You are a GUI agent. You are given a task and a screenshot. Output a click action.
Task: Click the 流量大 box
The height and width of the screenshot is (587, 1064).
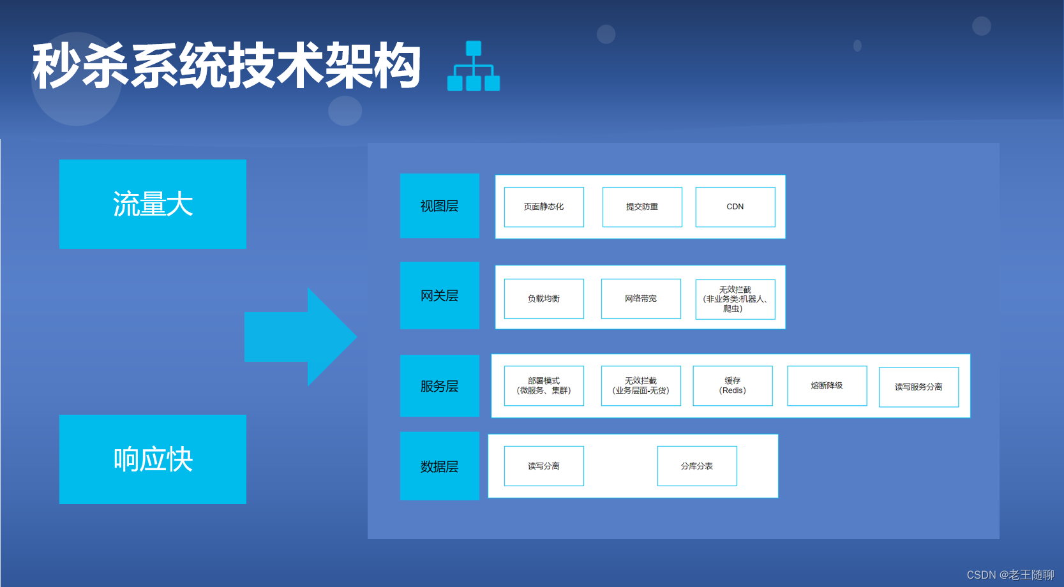[x=153, y=204]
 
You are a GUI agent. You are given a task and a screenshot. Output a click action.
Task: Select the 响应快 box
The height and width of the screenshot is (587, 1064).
[x=153, y=459]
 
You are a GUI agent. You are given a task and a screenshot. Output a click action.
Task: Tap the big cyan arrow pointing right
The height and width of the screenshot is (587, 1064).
[x=300, y=337]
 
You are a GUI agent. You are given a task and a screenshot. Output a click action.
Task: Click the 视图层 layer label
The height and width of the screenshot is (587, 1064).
[x=439, y=206]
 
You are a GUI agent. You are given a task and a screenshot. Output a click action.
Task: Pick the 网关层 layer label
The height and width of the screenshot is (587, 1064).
[x=439, y=295]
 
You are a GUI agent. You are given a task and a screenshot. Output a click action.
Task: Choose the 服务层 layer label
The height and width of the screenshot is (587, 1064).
[x=439, y=386]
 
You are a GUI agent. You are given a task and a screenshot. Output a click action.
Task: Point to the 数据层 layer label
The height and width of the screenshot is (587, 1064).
[x=439, y=466]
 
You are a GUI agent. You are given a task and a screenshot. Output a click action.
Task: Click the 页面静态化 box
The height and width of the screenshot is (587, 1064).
[x=544, y=207]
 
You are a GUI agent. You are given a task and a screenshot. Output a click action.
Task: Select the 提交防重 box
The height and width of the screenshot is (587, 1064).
[x=642, y=207]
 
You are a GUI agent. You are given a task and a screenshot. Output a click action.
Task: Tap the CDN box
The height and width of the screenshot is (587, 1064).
[x=735, y=207]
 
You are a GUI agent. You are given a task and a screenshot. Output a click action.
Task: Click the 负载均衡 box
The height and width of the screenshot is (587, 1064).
[x=544, y=299]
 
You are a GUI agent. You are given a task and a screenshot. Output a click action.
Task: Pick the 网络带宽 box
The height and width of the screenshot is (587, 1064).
[x=641, y=299]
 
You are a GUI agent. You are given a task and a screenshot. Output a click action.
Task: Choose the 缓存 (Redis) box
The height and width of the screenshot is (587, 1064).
[x=733, y=385]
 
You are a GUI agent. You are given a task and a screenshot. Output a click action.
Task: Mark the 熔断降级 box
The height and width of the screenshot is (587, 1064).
[x=827, y=385]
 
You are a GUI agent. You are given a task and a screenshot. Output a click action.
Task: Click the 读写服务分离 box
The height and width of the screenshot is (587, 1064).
[x=918, y=387]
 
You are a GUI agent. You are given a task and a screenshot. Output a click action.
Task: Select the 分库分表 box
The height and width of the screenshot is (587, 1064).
[x=697, y=466]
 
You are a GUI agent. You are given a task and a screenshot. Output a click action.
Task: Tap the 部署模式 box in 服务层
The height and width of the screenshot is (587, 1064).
[x=544, y=385]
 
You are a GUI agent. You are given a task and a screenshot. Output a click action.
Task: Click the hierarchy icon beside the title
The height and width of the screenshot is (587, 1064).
[x=474, y=66]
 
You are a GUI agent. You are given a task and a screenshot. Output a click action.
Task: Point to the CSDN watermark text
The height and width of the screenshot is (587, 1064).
[x=1010, y=575]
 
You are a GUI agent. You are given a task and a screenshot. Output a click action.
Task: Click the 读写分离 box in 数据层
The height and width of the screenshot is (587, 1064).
[x=544, y=466]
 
